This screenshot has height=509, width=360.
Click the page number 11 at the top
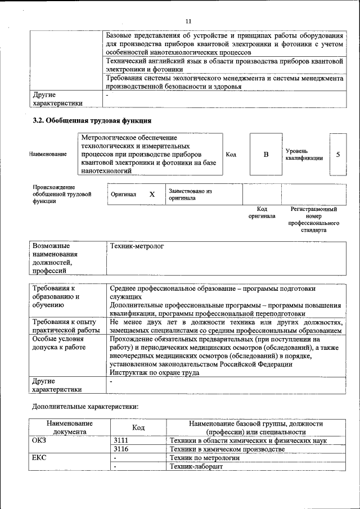[188, 21]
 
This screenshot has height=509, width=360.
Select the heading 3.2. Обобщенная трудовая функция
[92, 120]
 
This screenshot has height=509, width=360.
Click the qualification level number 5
[337, 154]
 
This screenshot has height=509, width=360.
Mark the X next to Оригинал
[151, 194]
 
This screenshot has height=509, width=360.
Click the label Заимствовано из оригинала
[190, 194]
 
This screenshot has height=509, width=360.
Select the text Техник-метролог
[137, 246]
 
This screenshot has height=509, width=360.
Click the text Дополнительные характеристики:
[85, 406]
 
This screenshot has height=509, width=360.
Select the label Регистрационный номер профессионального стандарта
[313, 219]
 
